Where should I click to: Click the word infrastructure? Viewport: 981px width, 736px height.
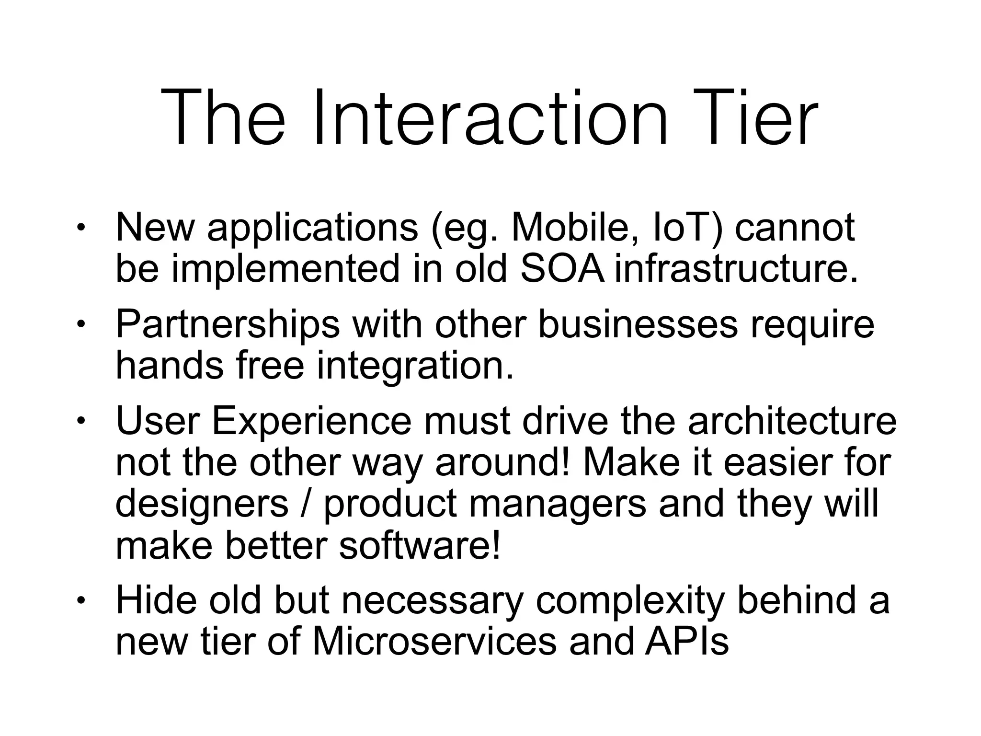point(736,269)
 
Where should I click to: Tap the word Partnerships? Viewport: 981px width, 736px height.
point(228,324)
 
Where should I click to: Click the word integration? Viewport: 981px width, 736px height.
point(415,366)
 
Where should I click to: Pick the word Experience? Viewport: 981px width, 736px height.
point(311,421)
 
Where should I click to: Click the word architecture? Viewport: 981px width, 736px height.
point(792,421)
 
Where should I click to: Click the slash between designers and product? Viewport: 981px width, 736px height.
point(307,504)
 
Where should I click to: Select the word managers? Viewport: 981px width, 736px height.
point(557,504)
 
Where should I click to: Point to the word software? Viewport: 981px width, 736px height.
point(420,546)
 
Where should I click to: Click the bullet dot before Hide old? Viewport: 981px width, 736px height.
point(81,601)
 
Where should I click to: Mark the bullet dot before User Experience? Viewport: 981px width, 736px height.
point(81,421)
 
